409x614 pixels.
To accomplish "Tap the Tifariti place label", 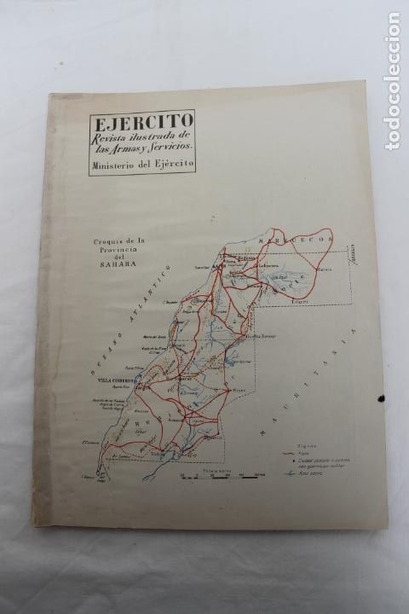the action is coord(297,301).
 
